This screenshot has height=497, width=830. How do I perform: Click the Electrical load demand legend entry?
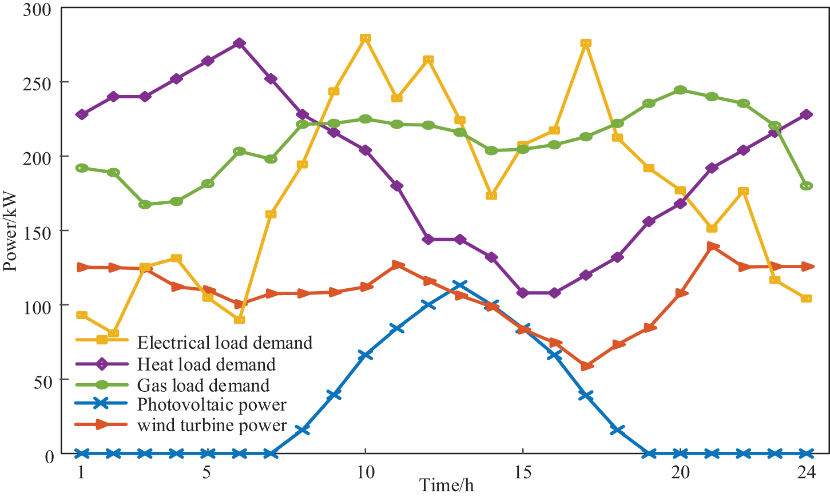(x=224, y=343)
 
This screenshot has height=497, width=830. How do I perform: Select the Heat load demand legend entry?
(x=206, y=364)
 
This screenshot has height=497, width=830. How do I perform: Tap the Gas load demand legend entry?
(x=203, y=385)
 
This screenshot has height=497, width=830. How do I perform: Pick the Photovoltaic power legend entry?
(x=212, y=405)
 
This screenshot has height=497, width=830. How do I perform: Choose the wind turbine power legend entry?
(x=212, y=426)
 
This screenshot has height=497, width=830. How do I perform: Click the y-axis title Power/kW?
(x=10, y=231)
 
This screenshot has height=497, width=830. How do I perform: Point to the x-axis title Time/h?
(x=447, y=485)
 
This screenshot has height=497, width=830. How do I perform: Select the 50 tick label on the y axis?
(x=41, y=380)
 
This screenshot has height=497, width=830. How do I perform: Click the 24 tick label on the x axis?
(x=806, y=472)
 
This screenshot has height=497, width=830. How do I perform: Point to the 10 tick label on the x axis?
(x=365, y=472)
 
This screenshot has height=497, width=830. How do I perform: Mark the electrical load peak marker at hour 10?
(x=365, y=38)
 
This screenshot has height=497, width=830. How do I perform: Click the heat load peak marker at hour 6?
(x=240, y=43)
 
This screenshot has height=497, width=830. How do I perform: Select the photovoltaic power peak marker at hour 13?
(x=459, y=285)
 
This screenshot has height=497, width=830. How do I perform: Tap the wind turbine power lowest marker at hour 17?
(x=586, y=366)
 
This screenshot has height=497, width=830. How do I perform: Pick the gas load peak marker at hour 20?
(x=680, y=90)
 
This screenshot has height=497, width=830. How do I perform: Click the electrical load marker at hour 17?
(x=586, y=43)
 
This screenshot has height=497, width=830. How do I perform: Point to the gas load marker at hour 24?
(x=806, y=186)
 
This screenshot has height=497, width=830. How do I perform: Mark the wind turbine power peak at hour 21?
(x=712, y=246)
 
